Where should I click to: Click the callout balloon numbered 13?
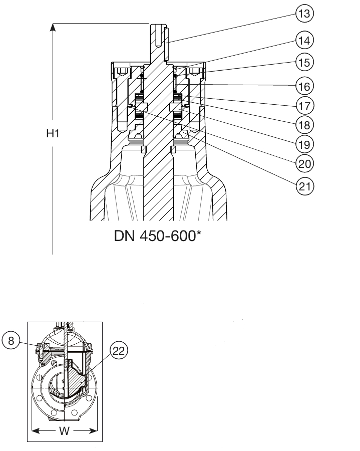tap(304, 14)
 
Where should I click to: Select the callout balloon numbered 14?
tap(304, 40)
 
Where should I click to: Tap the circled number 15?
tap(304, 62)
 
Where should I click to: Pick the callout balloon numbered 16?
tap(304, 86)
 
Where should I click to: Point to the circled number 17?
tap(304, 106)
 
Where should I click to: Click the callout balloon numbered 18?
tap(304, 125)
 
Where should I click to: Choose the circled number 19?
tap(304, 144)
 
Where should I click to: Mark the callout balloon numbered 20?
tap(304, 164)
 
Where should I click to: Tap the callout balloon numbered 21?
tap(304, 186)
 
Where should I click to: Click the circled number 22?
tap(119, 351)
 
